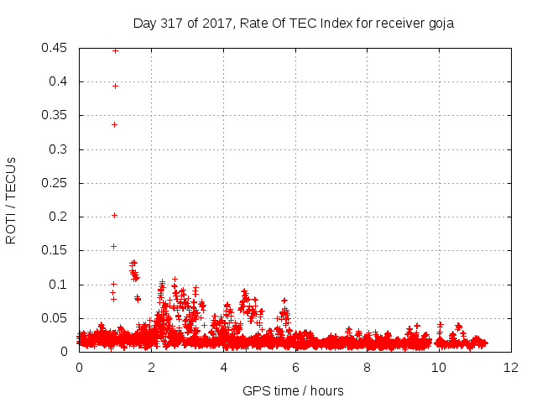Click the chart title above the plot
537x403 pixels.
[x=294, y=24]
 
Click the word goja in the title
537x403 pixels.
[x=441, y=24]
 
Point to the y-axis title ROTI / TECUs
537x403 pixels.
[x=11, y=201]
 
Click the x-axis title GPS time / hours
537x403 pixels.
[x=293, y=390]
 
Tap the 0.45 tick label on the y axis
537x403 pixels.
[x=54, y=48]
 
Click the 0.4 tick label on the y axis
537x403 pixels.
[x=58, y=81]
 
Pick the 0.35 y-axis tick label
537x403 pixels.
[x=54, y=115]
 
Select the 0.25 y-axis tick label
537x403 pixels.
[x=54, y=183]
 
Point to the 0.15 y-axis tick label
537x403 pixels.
[x=54, y=250]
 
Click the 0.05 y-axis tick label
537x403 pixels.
[x=54, y=318]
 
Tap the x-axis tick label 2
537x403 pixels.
[x=151, y=368]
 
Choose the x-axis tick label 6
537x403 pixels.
[x=295, y=368]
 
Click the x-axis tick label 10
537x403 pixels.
[x=439, y=368]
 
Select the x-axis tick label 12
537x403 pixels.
[x=511, y=368]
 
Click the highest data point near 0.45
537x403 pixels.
[x=116, y=51]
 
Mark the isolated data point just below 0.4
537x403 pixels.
[x=116, y=86]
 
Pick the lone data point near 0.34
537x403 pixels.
[x=115, y=125]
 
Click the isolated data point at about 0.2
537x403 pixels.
[x=115, y=215]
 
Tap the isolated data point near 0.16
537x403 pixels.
[x=114, y=246]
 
